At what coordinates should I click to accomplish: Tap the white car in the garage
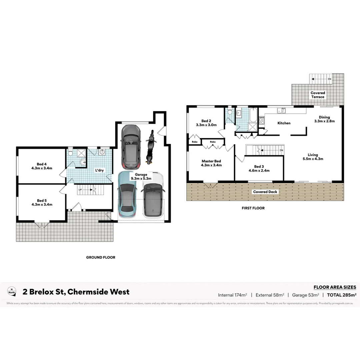click(153, 195)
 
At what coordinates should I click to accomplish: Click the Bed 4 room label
click(42, 164)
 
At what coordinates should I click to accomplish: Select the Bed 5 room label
click(42, 200)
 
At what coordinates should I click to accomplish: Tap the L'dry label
click(99, 170)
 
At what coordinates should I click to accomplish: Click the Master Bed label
click(211, 161)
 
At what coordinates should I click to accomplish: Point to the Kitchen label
click(284, 123)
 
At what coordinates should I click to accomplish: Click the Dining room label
click(324, 117)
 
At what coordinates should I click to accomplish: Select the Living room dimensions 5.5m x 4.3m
click(313, 159)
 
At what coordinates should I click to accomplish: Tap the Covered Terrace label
click(318, 95)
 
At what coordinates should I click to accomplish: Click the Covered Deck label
click(265, 192)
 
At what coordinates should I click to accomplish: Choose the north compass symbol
click(12, 291)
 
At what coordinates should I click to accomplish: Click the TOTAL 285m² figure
click(342, 295)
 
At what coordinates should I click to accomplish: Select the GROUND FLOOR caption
click(100, 257)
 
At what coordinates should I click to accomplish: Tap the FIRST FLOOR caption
click(253, 208)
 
